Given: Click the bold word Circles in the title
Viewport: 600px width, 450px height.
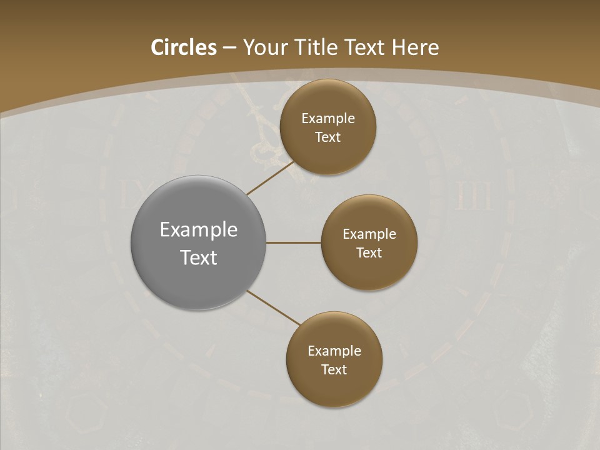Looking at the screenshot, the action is [x=183, y=47].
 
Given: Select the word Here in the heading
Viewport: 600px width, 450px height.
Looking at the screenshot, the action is [x=416, y=47].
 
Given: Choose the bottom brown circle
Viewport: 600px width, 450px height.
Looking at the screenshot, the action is [x=334, y=387].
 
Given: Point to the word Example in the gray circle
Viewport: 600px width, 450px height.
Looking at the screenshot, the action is [x=198, y=230].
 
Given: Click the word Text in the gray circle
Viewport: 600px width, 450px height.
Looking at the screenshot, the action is [x=198, y=257].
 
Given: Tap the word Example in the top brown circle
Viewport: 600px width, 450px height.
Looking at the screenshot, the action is [x=328, y=119].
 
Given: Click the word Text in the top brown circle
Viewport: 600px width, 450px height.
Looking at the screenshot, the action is [x=328, y=137].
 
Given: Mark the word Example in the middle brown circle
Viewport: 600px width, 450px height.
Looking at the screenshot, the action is [x=369, y=234].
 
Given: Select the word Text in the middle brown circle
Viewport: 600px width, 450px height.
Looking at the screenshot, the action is [x=369, y=253].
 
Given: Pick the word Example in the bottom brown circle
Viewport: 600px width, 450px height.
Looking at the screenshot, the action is [x=334, y=351].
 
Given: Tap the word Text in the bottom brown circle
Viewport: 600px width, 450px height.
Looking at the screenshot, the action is [x=334, y=370].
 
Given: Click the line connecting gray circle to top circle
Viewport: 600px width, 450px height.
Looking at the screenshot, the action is [x=270, y=178].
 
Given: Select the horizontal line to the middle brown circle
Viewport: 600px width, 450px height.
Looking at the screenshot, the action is [x=294, y=242].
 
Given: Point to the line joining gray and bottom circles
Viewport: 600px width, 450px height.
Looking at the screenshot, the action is [x=274, y=307].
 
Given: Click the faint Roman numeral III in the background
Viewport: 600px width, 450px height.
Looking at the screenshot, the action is [x=472, y=195].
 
